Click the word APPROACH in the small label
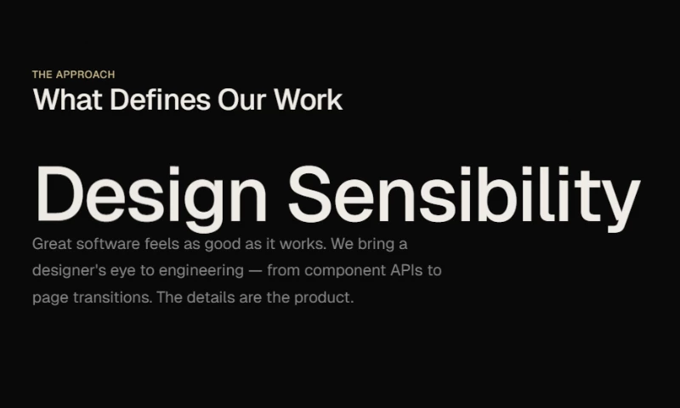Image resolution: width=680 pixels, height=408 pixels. pyautogui.click(x=86, y=75)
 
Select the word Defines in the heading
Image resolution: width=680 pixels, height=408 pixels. pyautogui.click(x=161, y=99)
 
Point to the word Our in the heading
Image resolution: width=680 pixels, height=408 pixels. pyautogui.click(x=242, y=99)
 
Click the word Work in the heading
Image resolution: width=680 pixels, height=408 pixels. pyautogui.click(x=309, y=99)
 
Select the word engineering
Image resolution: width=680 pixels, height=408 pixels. pyautogui.click(x=201, y=271)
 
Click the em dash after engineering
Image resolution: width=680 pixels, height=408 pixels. pyautogui.click(x=256, y=271)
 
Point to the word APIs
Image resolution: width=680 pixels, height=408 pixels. pyautogui.click(x=406, y=270)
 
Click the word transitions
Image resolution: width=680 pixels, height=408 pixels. pyautogui.click(x=112, y=297)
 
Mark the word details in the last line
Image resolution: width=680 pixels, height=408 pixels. pyautogui.click(x=211, y=297)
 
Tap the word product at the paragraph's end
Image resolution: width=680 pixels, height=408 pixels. pyautogui.click(x=324, y=298)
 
